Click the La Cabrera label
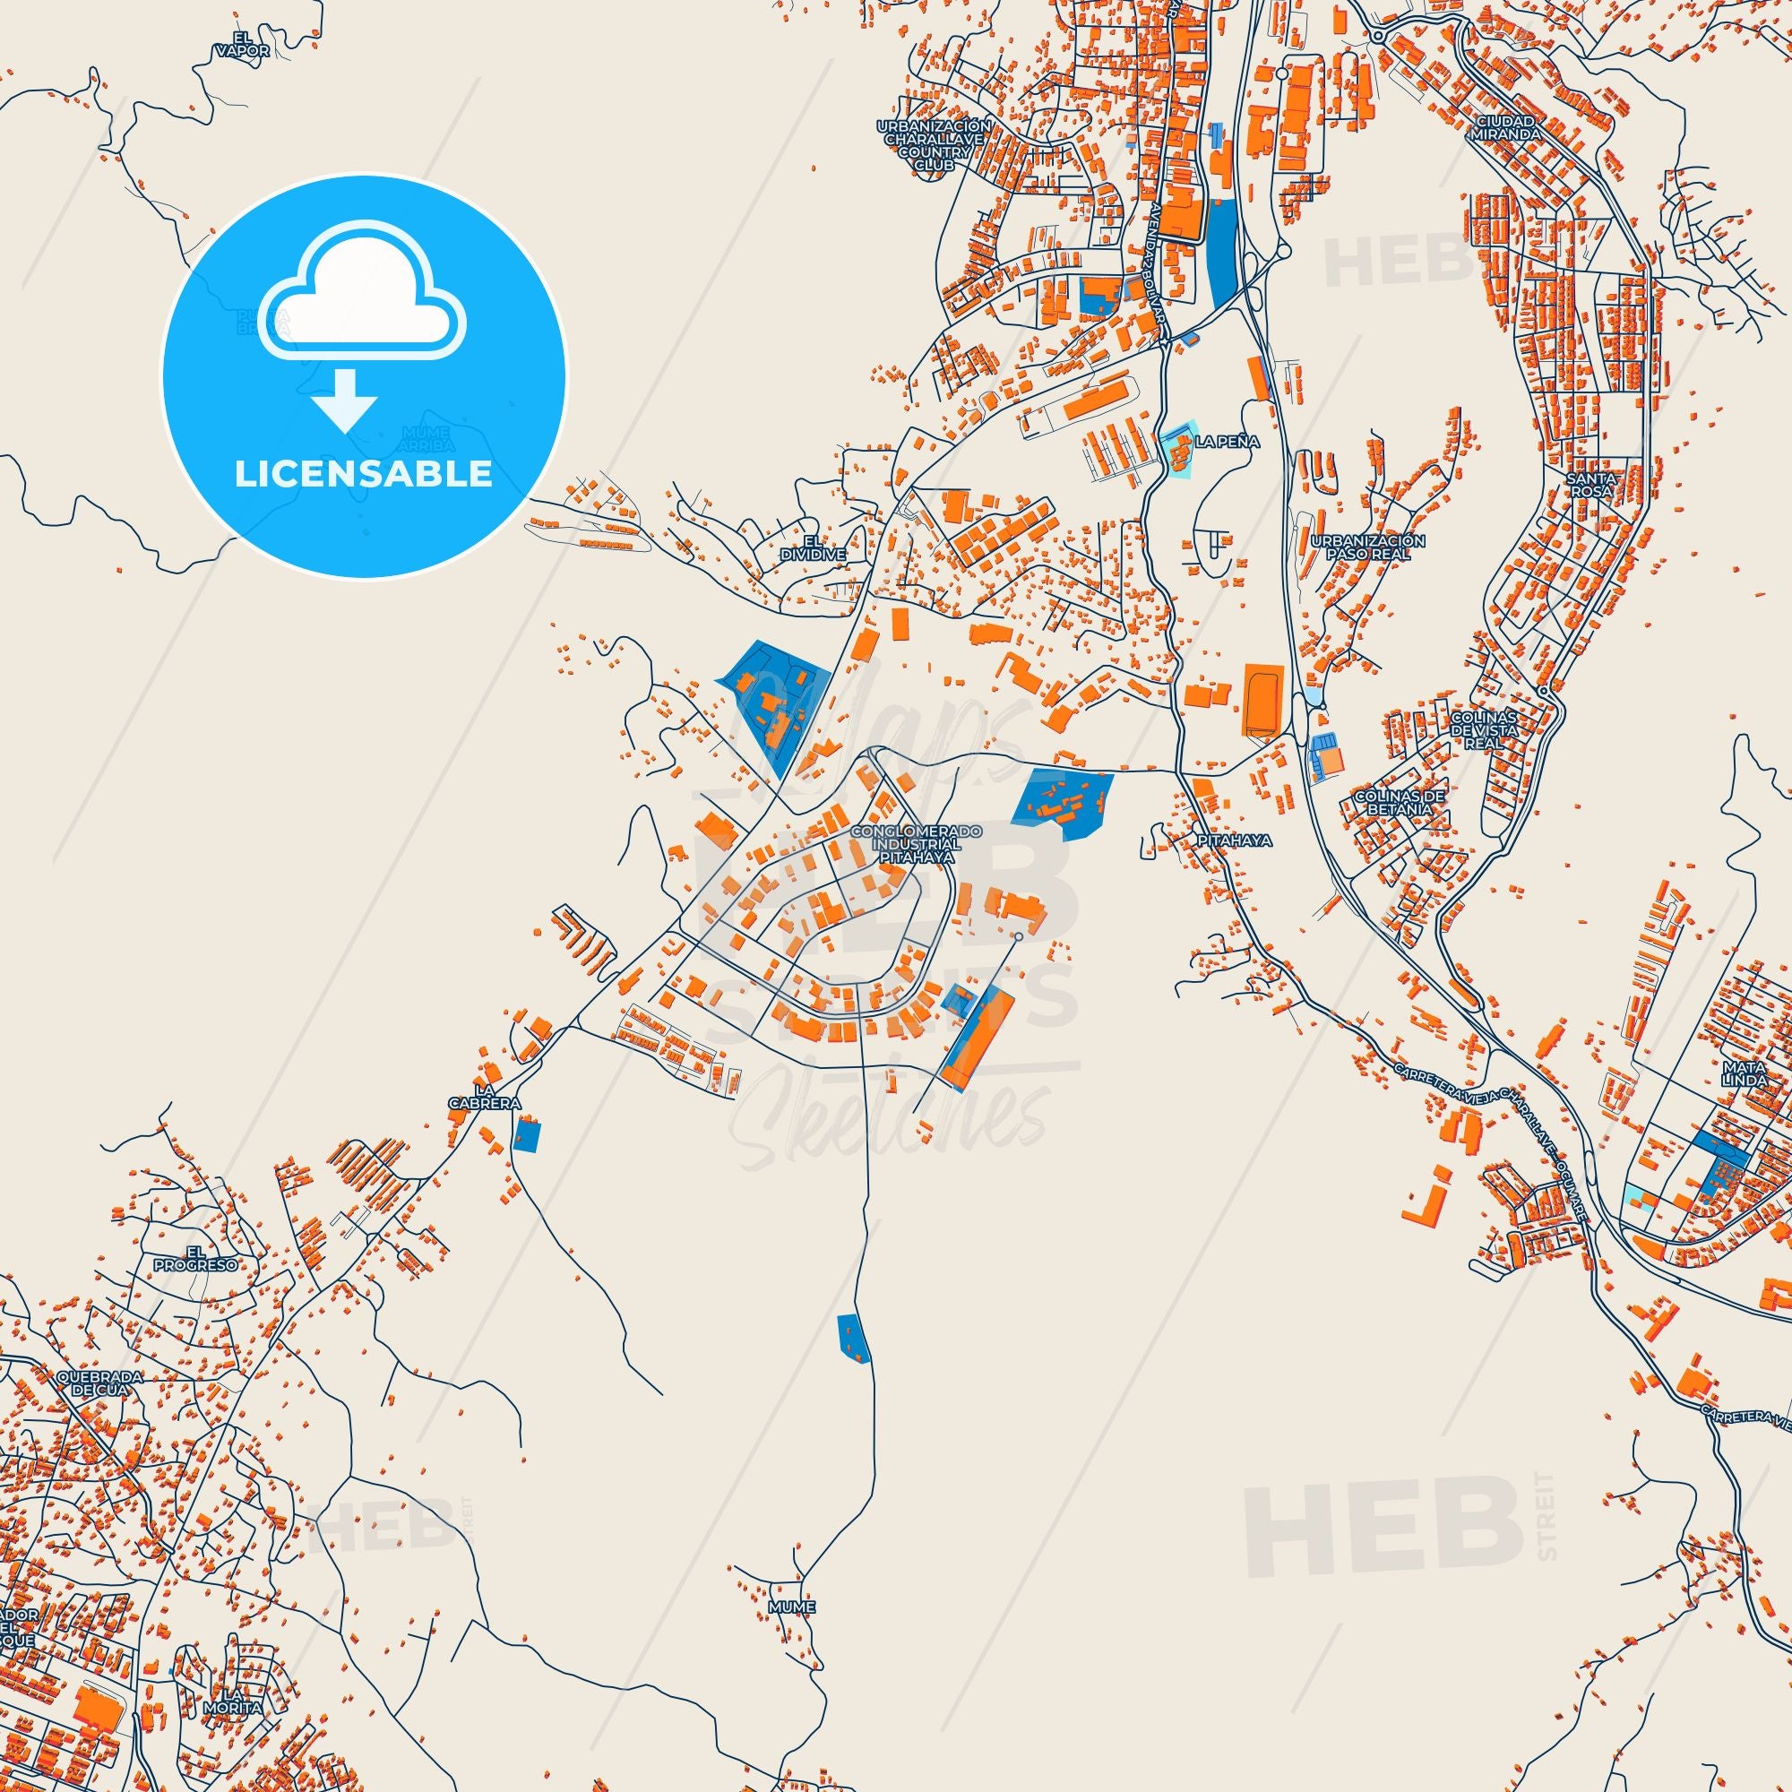click(x=497, y=1097)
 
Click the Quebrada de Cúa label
click(x=99, y=1409)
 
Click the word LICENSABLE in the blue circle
click(x=363, y=474)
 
